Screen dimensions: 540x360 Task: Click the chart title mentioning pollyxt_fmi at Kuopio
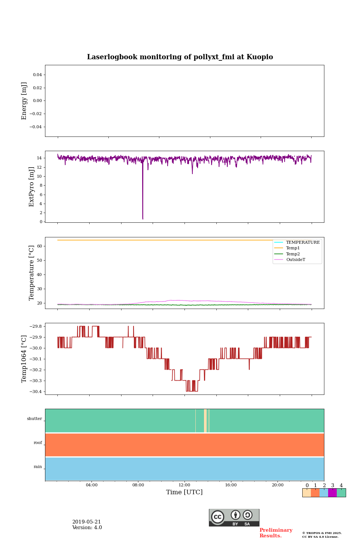coord(180,57)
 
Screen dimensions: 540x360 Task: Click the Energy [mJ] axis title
coord(24,101)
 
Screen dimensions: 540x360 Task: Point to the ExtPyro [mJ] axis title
coord(31,187)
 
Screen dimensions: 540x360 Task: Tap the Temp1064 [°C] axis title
coord(24,359)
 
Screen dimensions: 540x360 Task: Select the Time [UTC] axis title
coord(184,492)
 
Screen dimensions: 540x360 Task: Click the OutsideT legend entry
coord(295,260)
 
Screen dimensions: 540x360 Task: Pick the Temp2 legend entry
coord(293,254)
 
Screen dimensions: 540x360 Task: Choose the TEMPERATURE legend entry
coord(303,243)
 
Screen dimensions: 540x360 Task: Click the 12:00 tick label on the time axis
coord(184,485)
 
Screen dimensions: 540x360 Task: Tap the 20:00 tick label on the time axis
coord(277,485)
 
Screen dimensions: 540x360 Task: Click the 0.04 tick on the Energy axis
coord(37,75)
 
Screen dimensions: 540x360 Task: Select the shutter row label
coord(34,419)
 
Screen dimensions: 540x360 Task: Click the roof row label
coord(38,443)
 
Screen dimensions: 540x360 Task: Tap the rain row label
coord(38,467)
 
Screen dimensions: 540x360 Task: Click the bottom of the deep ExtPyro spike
coord(143,219)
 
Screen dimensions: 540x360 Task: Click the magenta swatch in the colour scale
coord(332,493)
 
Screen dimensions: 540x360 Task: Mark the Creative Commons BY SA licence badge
coord(234,517)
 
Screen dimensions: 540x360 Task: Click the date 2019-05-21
coord(87,522)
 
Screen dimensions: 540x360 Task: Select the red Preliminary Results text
coord(276,533)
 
